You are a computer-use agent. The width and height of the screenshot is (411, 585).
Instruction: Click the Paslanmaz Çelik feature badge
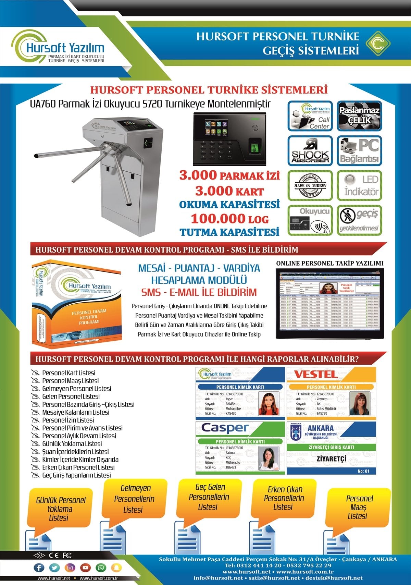[359, 116]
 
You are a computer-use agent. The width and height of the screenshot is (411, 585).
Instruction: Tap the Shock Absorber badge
[310, 151]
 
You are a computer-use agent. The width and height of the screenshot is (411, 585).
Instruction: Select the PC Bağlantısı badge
[359, 151]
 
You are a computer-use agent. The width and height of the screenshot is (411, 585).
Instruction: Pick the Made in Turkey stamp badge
[310, 185]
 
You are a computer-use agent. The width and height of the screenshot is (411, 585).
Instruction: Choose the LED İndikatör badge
[359, 185]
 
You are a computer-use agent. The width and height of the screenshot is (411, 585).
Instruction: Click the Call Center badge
[310, 116]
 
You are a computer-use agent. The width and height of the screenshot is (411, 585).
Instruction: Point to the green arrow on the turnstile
[148, 142]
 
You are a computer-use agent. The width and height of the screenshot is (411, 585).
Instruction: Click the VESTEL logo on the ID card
[316, 374]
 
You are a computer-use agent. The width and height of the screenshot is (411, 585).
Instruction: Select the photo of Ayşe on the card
[269, 403]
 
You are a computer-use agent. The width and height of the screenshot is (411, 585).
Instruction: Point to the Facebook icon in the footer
[39, 568]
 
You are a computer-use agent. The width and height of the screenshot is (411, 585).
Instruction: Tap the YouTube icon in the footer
[85, 568]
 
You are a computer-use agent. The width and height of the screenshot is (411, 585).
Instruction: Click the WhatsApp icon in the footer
[101, 568]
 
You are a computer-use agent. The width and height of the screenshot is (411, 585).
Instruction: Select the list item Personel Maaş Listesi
[70, 381]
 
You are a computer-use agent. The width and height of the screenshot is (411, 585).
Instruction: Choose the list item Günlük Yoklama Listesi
[72, 444]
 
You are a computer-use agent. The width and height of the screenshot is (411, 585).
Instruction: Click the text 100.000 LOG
[230, 219]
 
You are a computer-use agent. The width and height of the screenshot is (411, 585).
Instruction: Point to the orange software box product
[76, 303]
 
